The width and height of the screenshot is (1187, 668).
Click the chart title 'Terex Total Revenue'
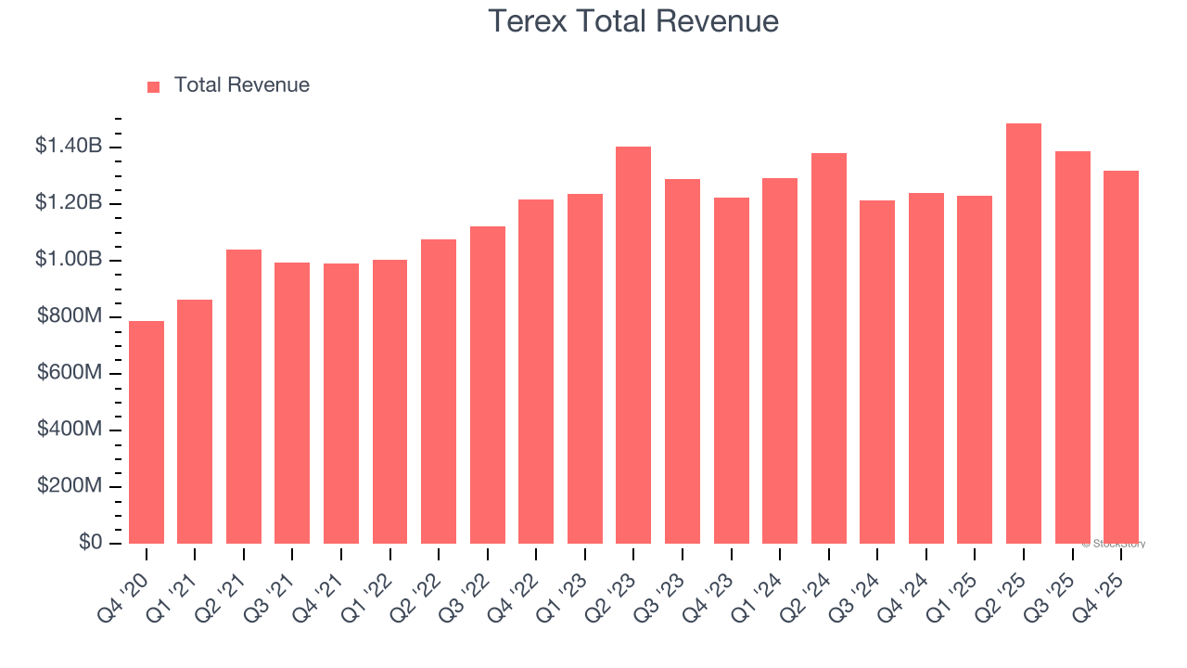[633, 21]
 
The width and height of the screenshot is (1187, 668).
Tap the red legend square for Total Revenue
[154, 86]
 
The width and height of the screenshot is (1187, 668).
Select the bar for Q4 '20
[147, 432]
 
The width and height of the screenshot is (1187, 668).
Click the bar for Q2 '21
[244, 396]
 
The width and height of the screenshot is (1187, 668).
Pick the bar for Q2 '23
[633, 345]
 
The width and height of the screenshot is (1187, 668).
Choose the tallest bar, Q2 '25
[1024, 334]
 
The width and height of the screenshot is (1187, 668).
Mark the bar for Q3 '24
[877, 372]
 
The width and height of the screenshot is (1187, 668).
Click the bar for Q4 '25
[1120, 357]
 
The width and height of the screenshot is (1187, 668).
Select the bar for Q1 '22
[389, 402]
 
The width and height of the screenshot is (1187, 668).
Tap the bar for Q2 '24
[828, 348]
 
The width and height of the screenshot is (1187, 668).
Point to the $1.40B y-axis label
[69, 146]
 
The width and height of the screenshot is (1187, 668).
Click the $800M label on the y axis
[70, 316]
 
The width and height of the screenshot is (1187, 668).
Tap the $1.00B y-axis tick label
[69, 259]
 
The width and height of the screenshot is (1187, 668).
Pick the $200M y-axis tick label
[70, 486]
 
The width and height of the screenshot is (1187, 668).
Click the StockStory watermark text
[1114, 544]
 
